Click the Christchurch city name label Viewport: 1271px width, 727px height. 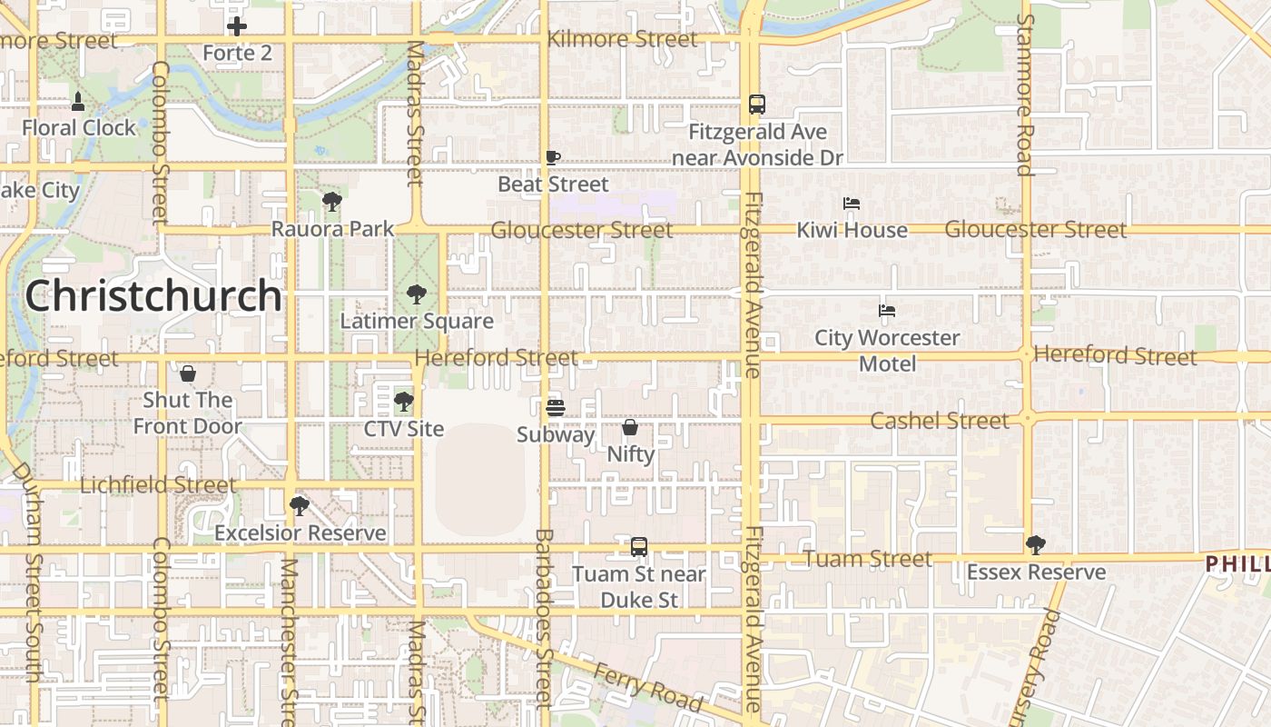[x=153, y=295]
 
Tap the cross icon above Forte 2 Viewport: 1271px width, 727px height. [x=237, y=26]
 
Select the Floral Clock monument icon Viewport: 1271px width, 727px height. [x=78, y=101]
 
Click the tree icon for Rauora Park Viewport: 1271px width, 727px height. [x=332, y=202]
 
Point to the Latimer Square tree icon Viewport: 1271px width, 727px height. [x=417, y=294]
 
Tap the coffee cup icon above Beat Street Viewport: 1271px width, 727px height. [x=553, y=157]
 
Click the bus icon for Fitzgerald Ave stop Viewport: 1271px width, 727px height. [x=757, y=105]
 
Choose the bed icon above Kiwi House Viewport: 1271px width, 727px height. [x=852, y=204]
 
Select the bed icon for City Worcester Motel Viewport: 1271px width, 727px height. [x=887, y=311]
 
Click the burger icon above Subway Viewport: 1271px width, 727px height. [x=556, y=408]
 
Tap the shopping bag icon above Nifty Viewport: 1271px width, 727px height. [x=630, y=426]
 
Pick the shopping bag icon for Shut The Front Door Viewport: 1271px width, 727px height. [x=188, y=373]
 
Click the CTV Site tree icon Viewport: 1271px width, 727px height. [x=404, y=401]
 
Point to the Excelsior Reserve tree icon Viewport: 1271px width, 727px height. [x=300, y=506]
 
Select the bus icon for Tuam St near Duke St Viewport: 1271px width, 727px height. [x=639, y=547]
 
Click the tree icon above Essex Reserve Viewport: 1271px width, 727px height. [x=1036, y=545]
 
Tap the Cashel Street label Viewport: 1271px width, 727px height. [x=939, y=421]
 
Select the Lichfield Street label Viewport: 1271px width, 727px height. [x=158, y=485]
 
